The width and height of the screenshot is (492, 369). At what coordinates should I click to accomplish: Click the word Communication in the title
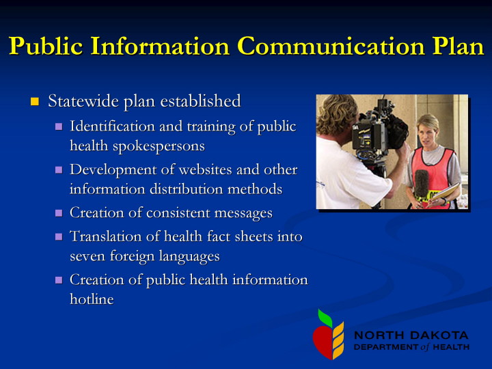point(332,46)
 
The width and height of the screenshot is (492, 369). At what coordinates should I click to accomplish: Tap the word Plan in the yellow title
point(459,46)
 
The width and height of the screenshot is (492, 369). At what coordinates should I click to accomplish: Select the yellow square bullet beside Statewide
point(35,101)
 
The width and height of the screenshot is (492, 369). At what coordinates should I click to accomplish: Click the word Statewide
point(83,101)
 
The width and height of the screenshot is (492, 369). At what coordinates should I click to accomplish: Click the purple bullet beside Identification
point(59,126)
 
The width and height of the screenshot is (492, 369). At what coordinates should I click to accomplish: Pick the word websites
point(206,169)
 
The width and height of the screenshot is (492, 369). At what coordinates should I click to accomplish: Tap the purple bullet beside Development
point(59,169)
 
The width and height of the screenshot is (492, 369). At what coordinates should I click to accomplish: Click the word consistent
point(178,213)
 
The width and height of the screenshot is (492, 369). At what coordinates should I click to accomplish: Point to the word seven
point(88,256)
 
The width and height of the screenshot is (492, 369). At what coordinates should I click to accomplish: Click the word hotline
point(92,299)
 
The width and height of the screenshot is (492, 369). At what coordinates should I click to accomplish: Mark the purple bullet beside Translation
point(59,236)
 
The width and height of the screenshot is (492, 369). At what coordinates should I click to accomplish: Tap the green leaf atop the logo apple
point(325,318)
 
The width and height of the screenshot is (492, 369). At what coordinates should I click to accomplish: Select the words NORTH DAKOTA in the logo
point(411,335)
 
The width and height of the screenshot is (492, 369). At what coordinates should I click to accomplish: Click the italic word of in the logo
point(425,346)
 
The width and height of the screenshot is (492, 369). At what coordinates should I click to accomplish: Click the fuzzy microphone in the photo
point(421,184)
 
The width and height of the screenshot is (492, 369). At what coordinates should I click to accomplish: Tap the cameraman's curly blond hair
point(336,113)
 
